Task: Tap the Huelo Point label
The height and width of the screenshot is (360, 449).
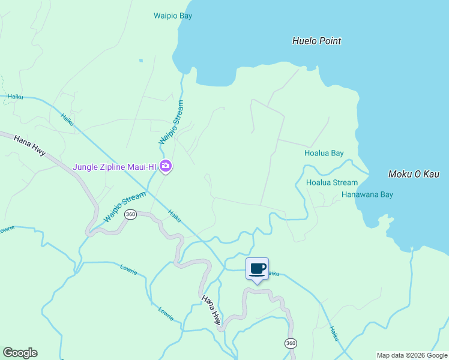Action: [316, 41]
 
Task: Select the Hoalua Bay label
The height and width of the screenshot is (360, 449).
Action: [324, 153]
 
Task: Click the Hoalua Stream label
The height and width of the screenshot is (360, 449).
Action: [331, 182]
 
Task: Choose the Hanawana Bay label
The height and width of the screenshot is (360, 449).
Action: [367, 194]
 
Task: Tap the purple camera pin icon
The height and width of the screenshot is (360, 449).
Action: [166, 166]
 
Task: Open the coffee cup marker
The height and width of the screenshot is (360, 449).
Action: [257, 269]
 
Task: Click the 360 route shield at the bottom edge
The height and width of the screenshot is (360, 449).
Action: [291, 343]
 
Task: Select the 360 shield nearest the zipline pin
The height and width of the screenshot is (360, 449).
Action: [131, 214]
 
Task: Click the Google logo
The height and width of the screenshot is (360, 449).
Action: [20, 353]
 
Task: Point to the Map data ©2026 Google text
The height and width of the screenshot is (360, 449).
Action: [412, 355]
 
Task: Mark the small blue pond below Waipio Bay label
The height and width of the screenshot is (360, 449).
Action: [141, 60]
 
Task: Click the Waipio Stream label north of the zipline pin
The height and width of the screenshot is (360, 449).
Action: [172, 122]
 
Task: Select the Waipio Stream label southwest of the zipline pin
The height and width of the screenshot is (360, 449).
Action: [124, 207]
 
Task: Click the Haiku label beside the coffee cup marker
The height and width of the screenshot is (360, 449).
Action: [273, 274]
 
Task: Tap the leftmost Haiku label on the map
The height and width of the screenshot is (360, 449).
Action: [16, 96]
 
